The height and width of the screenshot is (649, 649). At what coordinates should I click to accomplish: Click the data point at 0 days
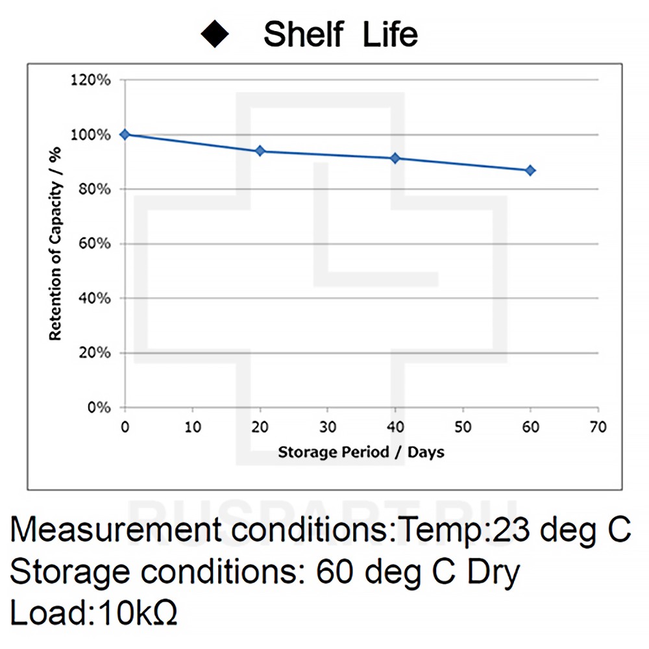tap(125, 134)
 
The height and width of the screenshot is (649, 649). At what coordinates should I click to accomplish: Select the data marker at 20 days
tap(260, 151)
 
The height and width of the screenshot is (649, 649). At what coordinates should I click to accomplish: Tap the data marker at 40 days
tap(395, 158)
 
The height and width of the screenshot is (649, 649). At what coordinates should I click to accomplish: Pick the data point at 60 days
tap(530, 170)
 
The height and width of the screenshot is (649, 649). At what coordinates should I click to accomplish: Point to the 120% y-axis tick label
tap(95, 80)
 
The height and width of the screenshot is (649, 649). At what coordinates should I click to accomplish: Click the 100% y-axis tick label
tap(95, 135)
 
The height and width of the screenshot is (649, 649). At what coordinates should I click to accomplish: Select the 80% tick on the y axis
tap(98, 190)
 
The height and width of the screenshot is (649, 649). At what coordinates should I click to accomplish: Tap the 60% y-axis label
tap(98, 244)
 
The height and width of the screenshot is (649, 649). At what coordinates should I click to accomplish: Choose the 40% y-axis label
tap(98, 299)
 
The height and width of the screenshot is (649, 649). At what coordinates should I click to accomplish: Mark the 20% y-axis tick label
tap(98, 353)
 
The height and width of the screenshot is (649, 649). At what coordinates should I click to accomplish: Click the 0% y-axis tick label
tap(101, 408)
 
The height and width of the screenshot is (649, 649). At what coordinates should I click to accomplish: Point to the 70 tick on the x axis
tap(598, 427)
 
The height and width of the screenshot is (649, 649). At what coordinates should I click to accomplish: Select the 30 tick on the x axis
tap(328, 427)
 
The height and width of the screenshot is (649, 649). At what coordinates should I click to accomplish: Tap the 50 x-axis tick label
tap(463, 427)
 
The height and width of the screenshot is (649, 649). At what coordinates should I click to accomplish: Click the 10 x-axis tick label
tap(193, 427)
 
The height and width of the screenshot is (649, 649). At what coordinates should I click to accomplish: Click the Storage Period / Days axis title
tap(361, 452)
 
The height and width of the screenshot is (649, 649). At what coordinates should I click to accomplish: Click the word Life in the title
tap(389, 34)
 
